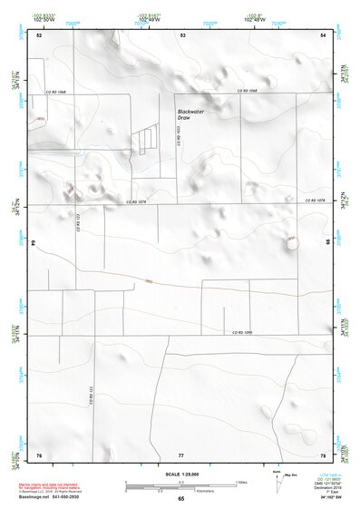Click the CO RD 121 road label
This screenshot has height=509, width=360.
coord(91,397)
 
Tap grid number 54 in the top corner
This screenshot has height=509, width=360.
coord(323,34)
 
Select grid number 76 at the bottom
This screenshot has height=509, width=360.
coord(39,454)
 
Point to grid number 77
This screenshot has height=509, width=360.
coord(181,454)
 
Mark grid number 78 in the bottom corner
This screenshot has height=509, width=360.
coord(323,454)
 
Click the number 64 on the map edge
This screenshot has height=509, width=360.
coord(33,243)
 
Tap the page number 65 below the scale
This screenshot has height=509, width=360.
coord(181,499)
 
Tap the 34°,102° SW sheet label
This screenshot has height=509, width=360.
coord(322,498)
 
